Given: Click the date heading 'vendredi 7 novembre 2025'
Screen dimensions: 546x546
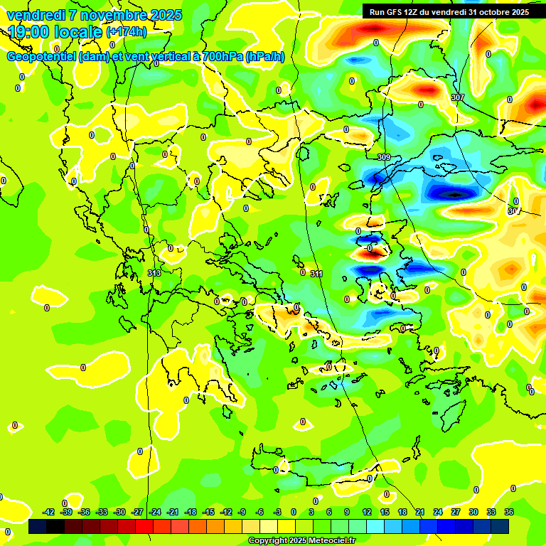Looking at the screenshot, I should [x=94, y=15].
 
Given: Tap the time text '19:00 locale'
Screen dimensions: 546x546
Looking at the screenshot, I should [x=55, y=32].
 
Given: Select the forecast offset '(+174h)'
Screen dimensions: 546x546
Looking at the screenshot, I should [x=127, y=32].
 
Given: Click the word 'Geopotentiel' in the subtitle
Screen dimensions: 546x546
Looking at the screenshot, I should [x=42, y=57].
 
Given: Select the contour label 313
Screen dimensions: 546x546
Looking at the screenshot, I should [x=154, y=273].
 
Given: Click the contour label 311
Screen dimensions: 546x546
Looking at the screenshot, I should [x=317, y=274].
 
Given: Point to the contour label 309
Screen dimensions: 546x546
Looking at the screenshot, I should [x=384, y=157].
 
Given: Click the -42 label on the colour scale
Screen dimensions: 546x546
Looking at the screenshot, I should [x=48, y=512].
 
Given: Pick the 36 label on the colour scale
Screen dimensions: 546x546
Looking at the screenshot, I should [x=509, y=512].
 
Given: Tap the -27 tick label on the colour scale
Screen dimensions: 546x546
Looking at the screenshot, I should [x=137, y=512].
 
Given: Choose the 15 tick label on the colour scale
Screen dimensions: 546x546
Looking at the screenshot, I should [x=385, y=512].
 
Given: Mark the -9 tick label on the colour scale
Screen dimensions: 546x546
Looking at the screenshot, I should [x=242, y=512].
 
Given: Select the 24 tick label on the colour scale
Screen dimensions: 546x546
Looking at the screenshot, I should [x=438, y=512].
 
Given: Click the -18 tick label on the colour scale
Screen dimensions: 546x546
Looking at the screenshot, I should [x=191, y=512].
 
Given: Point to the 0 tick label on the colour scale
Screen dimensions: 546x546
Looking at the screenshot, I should [x=294, y=512].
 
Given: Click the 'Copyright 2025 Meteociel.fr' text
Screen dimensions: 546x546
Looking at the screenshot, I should [x=301, y=540].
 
